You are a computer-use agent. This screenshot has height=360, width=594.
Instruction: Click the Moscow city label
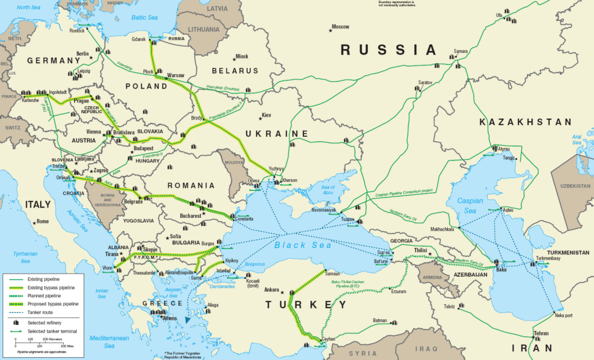pos(341,27)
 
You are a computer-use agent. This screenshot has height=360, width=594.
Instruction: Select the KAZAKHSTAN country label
pos(526,122)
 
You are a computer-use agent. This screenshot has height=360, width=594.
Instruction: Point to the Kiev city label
pos(266,115)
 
